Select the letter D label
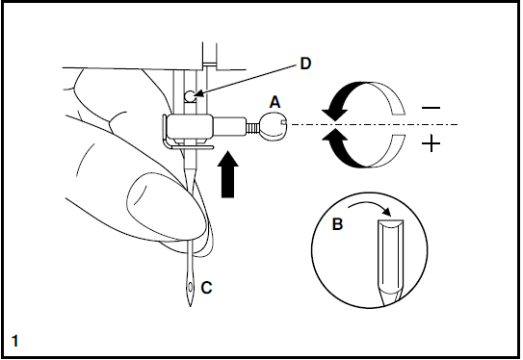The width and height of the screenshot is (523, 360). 304,64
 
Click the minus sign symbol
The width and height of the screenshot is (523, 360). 431,108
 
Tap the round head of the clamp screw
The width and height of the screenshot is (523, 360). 275,123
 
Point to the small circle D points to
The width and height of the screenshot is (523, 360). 192,95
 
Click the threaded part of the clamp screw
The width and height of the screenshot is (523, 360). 254,124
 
